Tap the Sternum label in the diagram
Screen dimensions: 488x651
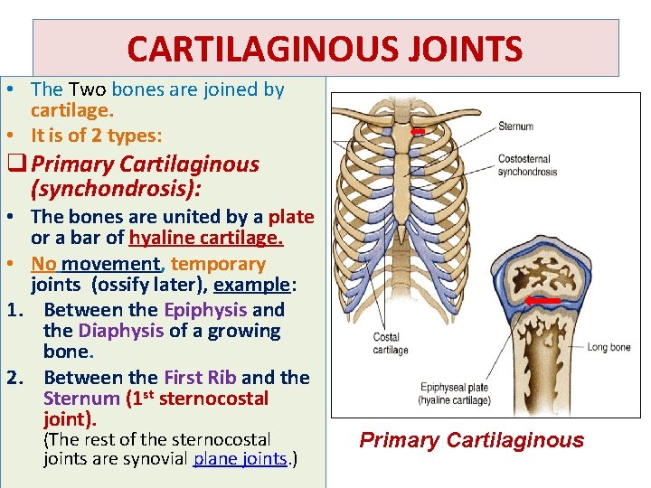tap(515, 127)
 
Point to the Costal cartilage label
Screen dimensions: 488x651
tap(390, 343)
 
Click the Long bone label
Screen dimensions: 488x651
tap(609, 347)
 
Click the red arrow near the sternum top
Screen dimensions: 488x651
tap(417, 132)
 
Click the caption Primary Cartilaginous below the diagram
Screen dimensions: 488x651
tap(471, 440)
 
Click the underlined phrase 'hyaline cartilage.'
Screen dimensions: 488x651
tap(206, 239)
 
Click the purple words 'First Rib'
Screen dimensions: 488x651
tap(198, 378)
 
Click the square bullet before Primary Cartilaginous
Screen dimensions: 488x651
tap(15, 165)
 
